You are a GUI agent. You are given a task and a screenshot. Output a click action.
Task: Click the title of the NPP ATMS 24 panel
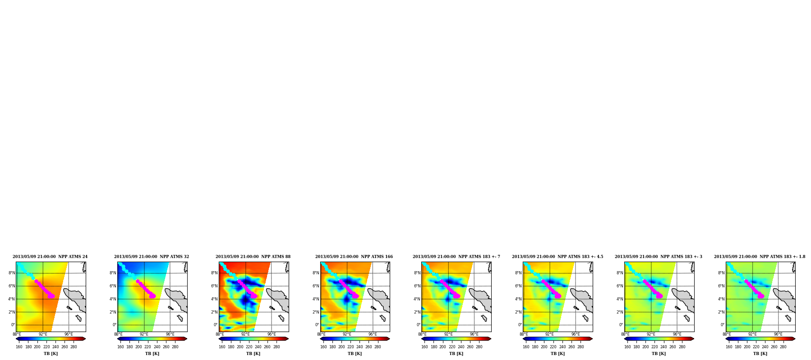coord(50,257)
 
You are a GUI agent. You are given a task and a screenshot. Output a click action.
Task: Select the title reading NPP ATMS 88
coord(253,257)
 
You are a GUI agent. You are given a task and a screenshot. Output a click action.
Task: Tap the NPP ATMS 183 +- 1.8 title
coord(760,257)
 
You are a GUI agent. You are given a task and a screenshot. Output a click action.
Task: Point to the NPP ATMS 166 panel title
coord(354,257)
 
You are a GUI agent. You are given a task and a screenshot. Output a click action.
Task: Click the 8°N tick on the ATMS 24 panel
coord(12,273)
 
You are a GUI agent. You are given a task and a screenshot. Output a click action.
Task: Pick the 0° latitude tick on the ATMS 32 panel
coord(115,325)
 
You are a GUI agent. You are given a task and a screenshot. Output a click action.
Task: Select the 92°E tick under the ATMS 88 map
coord(245,334)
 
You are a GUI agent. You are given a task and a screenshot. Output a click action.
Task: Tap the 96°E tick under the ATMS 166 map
coord(373,334)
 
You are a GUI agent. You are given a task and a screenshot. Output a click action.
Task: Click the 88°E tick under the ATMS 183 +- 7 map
coord(422,334)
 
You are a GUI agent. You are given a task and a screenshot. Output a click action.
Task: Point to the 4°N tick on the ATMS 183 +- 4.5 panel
coord(519,299)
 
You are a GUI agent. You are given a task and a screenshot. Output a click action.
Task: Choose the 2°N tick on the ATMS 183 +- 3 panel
coord(620,312)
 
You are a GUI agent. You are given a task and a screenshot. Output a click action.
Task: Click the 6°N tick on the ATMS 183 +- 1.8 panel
coord(722,286)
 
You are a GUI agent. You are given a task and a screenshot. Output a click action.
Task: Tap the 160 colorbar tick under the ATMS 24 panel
coord(19,347)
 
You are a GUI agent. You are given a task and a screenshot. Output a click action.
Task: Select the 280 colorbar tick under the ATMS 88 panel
coord(276,347)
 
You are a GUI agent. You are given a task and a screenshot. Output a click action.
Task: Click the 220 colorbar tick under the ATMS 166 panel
coord(350,347)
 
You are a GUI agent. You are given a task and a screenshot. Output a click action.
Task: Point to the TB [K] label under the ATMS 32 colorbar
coord(152,354)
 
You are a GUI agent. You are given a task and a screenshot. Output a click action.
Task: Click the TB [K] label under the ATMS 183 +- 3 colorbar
coord(659,354)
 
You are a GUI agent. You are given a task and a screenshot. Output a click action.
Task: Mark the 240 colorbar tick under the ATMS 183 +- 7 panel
coord(461,347)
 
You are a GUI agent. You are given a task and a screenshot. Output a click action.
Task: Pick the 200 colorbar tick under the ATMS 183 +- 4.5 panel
coord(544,347)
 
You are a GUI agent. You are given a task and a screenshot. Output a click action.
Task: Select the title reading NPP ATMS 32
coord(152,257)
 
